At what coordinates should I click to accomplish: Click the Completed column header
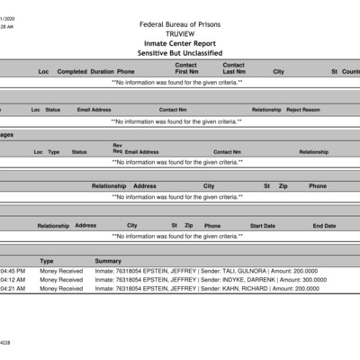click(72, 71)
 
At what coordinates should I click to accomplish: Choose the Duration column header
click(102, 71)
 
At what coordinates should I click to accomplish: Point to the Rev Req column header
click(117, 148)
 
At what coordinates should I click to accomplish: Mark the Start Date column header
click(263, 226)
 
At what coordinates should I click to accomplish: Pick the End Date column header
click(324, 226)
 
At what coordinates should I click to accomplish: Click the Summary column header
click(108, 261)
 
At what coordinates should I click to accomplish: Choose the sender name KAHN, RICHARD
click(251, 289)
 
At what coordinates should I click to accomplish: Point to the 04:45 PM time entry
click(13, 271)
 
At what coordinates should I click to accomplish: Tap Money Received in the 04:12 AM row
click(61, 280)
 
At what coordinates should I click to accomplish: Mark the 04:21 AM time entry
click(13, 289)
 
